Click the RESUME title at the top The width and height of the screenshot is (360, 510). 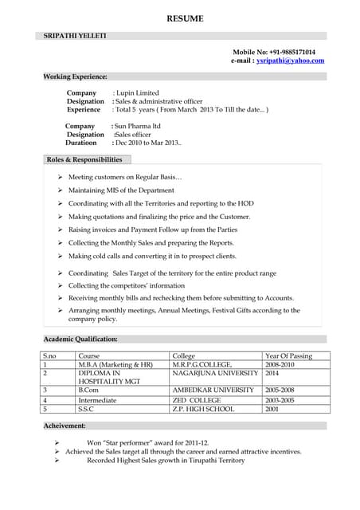coord(185,18)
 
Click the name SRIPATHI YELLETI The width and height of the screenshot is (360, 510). coord(74,36)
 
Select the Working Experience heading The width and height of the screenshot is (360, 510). coord(76,76)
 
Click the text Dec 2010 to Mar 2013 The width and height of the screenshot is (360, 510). coord(147,143)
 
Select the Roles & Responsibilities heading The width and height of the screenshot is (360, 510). coord(84,160)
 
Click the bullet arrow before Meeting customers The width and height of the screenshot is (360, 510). coord(61,177)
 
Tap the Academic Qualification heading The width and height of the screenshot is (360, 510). coord(80,339)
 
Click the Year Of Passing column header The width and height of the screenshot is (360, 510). coord(288,356)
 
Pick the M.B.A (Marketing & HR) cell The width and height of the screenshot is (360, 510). coord(115,364)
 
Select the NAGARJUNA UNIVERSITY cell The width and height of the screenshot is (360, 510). coord(215,373)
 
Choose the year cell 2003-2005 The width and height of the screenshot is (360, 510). coord(280,400)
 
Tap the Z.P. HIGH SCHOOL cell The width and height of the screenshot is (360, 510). coord(203,409)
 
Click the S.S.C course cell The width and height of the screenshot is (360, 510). coord(87,409)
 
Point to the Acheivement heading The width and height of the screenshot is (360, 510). coord(70,426)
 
